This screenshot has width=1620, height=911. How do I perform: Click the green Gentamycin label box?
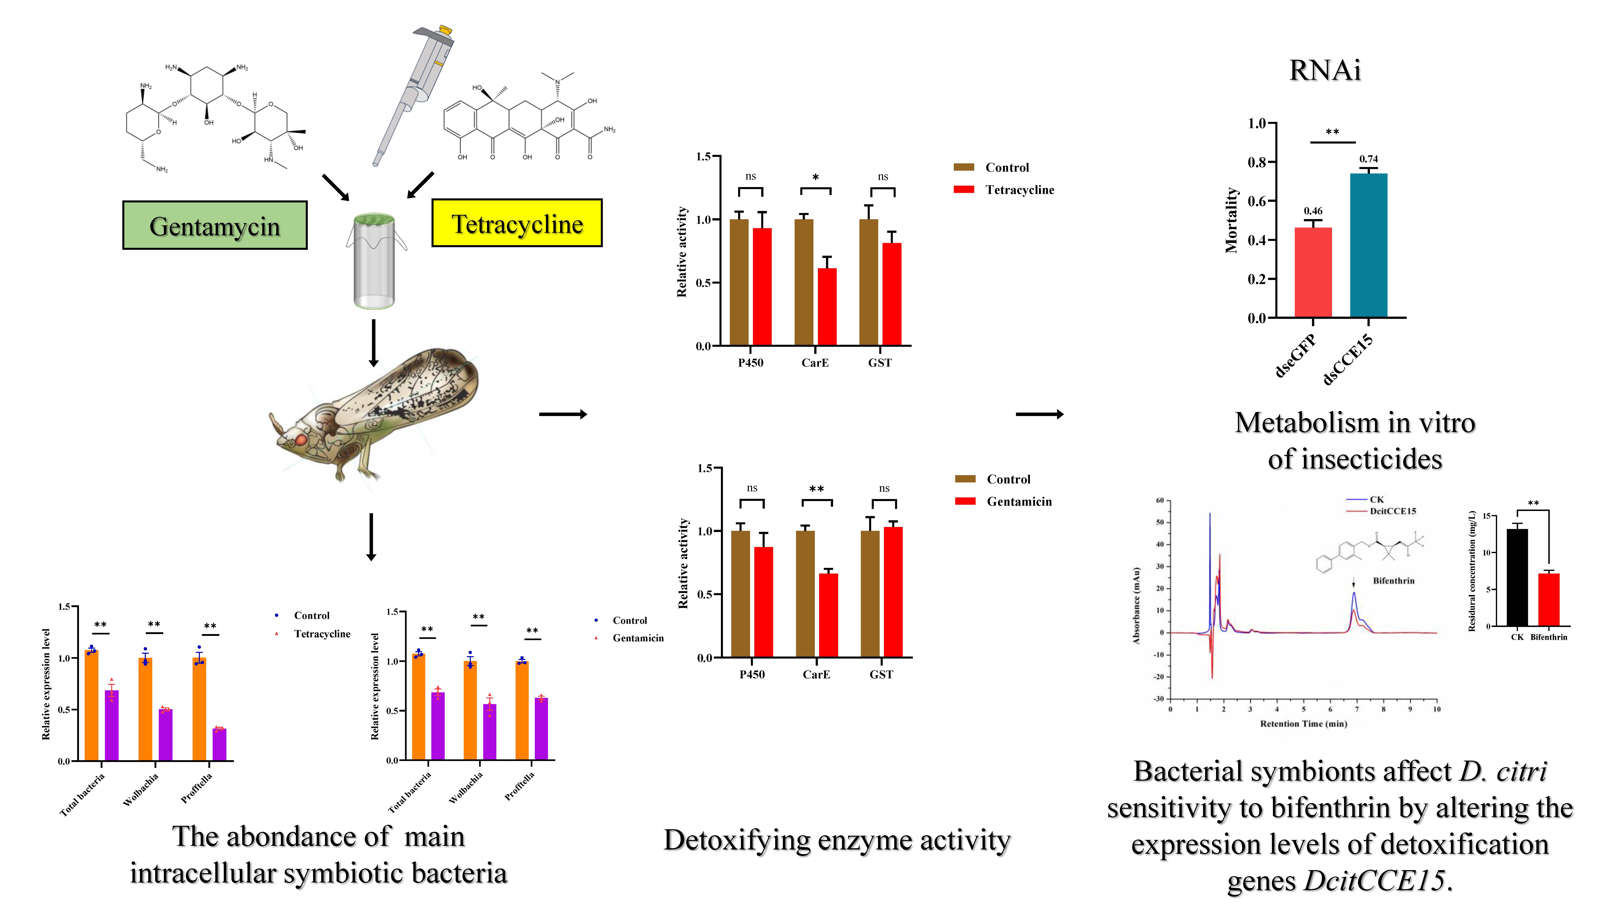tap(214, 226)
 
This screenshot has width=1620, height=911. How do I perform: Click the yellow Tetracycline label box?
tap(516, 223)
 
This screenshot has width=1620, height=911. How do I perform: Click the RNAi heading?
tap(1324, 70)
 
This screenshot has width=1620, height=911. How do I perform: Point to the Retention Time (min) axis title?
tap(1303, 724)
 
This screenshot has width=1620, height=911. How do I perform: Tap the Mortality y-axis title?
tap(1231, 220)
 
